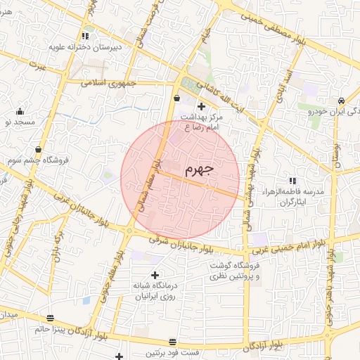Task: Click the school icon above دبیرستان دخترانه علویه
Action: pos(85,35)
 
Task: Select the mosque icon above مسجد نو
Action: pos(20,111)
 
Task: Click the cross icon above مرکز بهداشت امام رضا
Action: pos(201,105)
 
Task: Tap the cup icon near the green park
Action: pos(176,98)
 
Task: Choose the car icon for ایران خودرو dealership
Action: pos(341,101)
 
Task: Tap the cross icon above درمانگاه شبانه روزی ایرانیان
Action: pos(155,275)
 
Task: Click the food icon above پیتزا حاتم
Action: pos(50,318)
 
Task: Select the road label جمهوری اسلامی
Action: pos(103,82)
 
